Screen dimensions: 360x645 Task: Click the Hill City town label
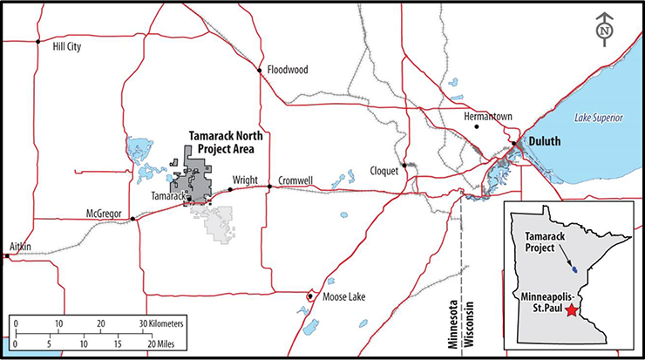point(67,47)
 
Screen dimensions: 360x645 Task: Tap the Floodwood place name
point(288,70)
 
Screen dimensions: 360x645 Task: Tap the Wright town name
point(244,180)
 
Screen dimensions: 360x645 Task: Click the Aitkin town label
point(18,247)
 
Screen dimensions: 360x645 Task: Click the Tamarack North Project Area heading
point(226,142)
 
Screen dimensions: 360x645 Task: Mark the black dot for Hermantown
point(477,128)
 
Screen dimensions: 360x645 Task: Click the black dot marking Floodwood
point(259,69)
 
